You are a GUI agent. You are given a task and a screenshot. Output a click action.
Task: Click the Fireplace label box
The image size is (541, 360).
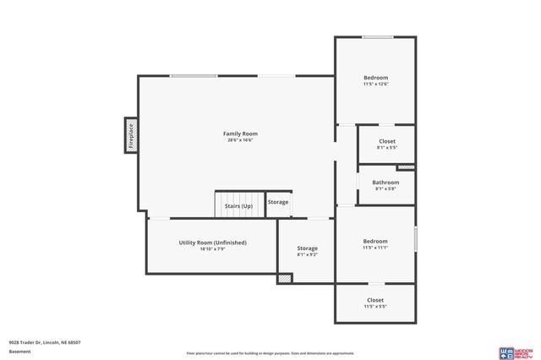131,135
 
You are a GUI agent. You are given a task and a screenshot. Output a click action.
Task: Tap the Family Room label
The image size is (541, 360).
240,134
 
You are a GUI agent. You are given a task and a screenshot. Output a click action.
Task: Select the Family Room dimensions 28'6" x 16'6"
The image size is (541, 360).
240,140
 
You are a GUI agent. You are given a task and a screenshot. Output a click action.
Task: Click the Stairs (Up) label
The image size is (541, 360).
238,206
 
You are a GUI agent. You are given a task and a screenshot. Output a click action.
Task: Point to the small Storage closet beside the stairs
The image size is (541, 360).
278,203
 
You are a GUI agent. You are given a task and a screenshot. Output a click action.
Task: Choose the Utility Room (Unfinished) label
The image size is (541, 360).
212,243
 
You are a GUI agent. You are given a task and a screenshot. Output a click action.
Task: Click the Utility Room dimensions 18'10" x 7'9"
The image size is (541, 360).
212,249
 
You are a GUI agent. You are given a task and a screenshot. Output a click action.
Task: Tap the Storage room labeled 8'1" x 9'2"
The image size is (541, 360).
307,251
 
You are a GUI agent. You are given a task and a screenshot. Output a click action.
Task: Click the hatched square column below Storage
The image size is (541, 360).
286,277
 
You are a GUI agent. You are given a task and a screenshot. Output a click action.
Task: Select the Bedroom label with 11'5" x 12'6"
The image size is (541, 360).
375,78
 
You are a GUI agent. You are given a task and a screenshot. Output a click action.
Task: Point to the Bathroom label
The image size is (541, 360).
385,182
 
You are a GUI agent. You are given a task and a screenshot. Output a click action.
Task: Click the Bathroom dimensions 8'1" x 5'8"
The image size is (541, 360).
385,188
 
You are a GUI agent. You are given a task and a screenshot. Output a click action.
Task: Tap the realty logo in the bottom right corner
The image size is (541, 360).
516,352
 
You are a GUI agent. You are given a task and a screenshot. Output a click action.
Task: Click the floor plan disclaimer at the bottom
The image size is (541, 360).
270,353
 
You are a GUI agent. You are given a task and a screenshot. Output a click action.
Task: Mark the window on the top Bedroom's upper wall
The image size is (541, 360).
377,37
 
